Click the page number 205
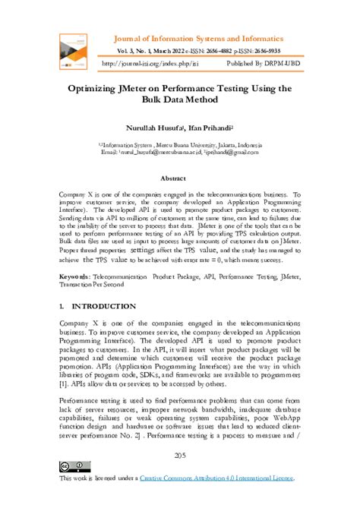pos(180,455)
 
